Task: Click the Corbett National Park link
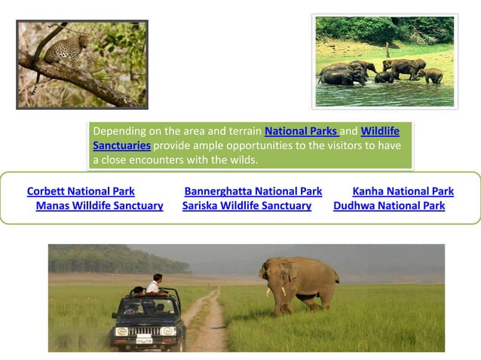(x=81, y=191)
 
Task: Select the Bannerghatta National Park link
(x=253, y=191)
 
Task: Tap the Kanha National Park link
(x=403, y=191)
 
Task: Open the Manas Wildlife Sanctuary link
(x=100, y=206)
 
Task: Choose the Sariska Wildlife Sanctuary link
(x=247, y=206)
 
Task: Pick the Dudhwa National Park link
(x=388, y=206)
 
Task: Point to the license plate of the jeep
(x=142, y=340)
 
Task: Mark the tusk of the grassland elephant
(x=284, y=291)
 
